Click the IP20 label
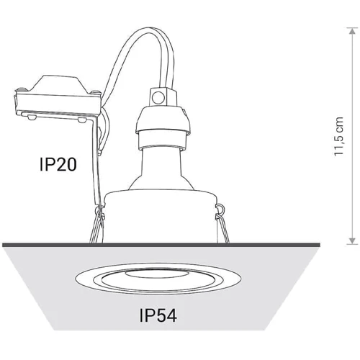tap(58, 164)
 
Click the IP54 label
tap(158, 315)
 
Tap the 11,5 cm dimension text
tap(339, 136)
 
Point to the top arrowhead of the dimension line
tap(352, 31)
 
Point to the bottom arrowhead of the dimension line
tap(352, 241)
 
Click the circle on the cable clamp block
tap(158, 97)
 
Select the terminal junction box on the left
tap(58, 103)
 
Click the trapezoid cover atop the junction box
tap(58, 84)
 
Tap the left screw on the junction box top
tap(21, 90)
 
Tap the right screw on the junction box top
tap(96, 92)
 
